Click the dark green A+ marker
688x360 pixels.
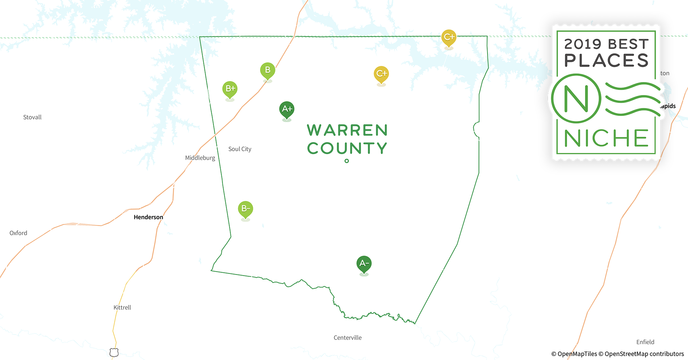click(x=287, y=109)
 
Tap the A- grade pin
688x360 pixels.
click(x=364, y=264)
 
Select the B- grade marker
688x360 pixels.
click(x=245, y=209)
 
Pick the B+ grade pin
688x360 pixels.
click(x=230, y=89)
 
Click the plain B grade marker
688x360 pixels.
click(x=268, y=70)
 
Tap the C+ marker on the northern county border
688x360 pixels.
click(x=449, y=37)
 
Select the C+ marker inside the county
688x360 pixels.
click(x=381, y=74)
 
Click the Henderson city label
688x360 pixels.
click(x=148, y=217)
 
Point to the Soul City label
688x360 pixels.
click(x=240, y=149)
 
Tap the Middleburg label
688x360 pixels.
click(x=200, y=158)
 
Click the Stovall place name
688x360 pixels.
click(x=32, y=117)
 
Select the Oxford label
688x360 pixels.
click(x=18, y=233)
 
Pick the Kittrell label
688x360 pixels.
click(x=122, y=307)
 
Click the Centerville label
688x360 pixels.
click(x=347, y=338)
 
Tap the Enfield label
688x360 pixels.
click(x=645, y=342)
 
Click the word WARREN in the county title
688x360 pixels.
click(x=347, y=130)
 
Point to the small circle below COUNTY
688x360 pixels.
click(x=347, y=161)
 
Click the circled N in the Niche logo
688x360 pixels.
click(x=576, y=98)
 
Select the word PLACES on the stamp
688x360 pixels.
click(x=606, y=60)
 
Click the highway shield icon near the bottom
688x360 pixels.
click(x=114, y=352)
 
